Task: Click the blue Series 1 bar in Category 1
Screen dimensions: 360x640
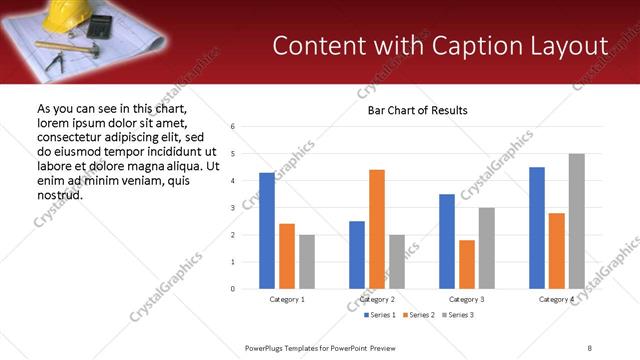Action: tap(267, 231)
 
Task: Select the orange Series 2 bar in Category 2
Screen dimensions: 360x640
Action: tap(377, 229)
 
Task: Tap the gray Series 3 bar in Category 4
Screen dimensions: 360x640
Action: tap(577, 221)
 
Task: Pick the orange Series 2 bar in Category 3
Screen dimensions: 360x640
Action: tap(467, 264)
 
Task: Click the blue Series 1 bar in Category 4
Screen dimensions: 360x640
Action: tap(537, 228)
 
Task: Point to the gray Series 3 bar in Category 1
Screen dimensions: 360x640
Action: tap(307, 262)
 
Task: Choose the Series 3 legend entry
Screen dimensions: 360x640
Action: tap(457, 315)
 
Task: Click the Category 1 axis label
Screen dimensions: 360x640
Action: tap(287, 299)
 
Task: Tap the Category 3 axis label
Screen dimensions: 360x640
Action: tap(467, 299)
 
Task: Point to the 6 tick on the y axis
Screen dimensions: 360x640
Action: tap(232, 127)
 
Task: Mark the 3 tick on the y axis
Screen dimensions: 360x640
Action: tap(232, 208)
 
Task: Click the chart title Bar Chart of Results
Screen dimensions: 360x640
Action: tap(411, 110)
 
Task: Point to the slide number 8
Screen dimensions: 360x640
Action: tap(590, 347)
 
